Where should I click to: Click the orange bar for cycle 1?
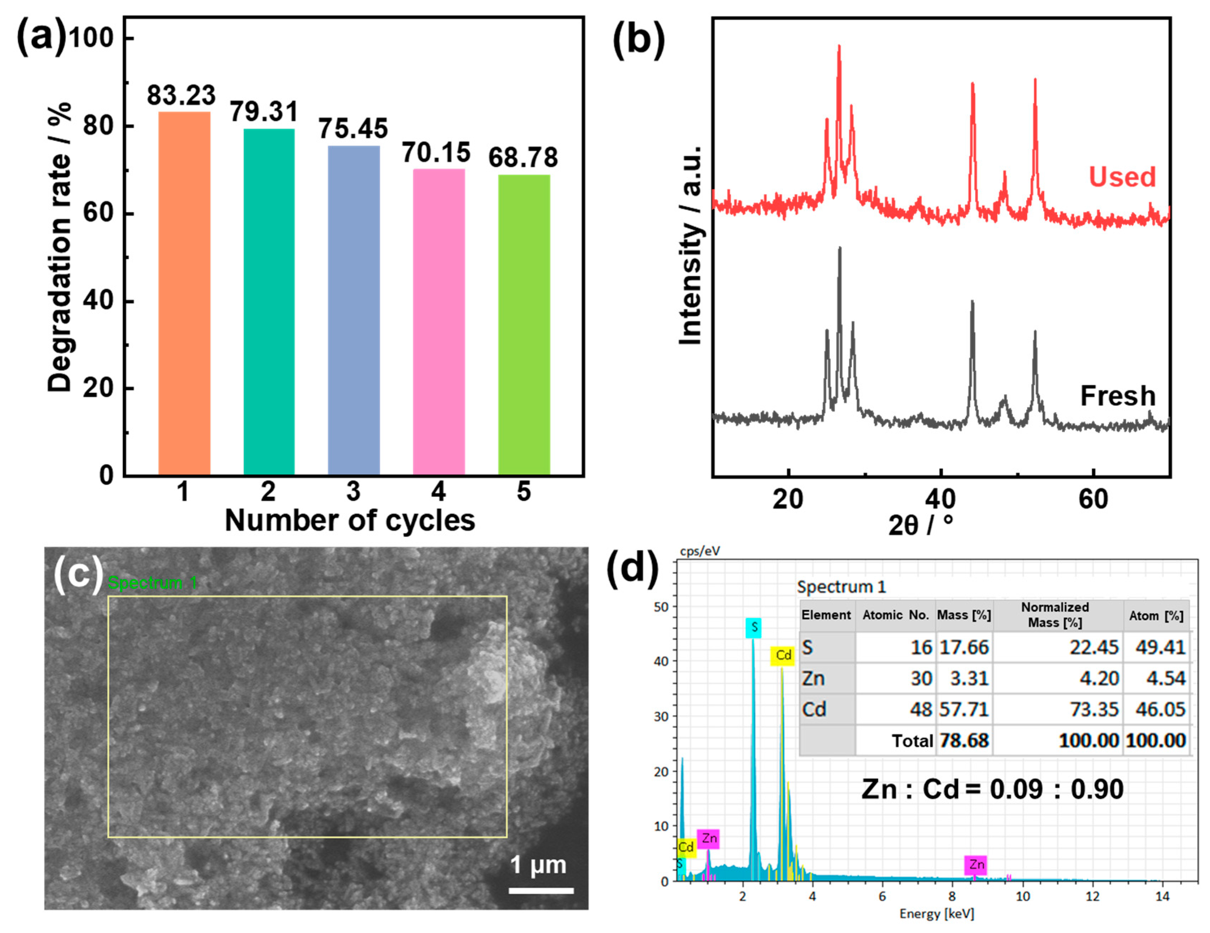tap(184, 294)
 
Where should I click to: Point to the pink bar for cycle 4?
tap(439, 321)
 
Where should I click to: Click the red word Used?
tap(1122, 177)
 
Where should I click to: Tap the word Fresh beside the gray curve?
tap(1117, 395)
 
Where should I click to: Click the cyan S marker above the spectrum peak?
tap(753, 628)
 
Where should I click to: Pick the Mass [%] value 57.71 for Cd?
tap(964, 709)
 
